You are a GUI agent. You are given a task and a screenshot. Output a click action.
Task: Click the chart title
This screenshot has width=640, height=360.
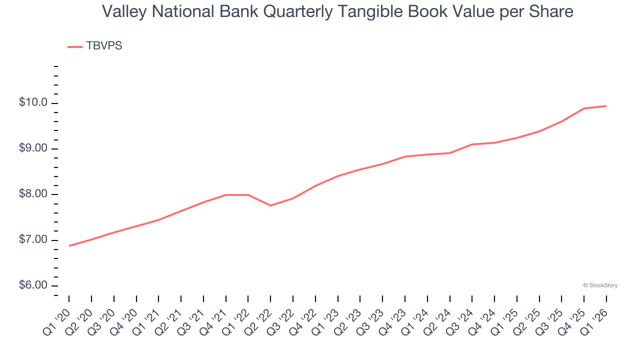pyautogui.click(x=337, y=11)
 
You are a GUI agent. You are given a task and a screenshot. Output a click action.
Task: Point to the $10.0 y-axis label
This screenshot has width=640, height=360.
pyautogui.click(x=33, y=103)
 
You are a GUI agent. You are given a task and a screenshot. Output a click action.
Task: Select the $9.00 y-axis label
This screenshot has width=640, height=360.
pyautogui.click(x=33, y=148)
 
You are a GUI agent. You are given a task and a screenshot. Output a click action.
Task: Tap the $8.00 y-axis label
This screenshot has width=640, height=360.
pyautogui.click(x=33, y=194)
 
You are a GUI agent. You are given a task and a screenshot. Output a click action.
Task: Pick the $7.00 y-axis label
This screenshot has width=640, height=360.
pyautogui.click(x=33, y=240)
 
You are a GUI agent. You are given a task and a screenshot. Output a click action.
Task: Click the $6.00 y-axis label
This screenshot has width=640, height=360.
pyautogui.click(x=33, y=285)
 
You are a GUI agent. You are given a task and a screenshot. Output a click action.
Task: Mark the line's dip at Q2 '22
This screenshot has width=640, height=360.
pyautogui.click(x=270, y=205)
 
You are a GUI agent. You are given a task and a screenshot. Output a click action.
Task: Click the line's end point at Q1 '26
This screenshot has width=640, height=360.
pyautogui.click(x=606, y=106)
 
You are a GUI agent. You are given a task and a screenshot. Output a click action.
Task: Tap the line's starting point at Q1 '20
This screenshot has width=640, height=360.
pyautogui.click(x=69, y=245)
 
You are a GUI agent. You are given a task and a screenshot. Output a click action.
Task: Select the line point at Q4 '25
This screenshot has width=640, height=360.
pyautogui.click(x=583, y=108)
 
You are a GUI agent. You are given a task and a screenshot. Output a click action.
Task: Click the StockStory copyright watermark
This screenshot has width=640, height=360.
pyautogui.click(x=600, y=285)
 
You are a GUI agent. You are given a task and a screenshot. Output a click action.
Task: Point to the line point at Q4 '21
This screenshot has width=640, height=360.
pyautogui.click(x=226, y=194)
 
